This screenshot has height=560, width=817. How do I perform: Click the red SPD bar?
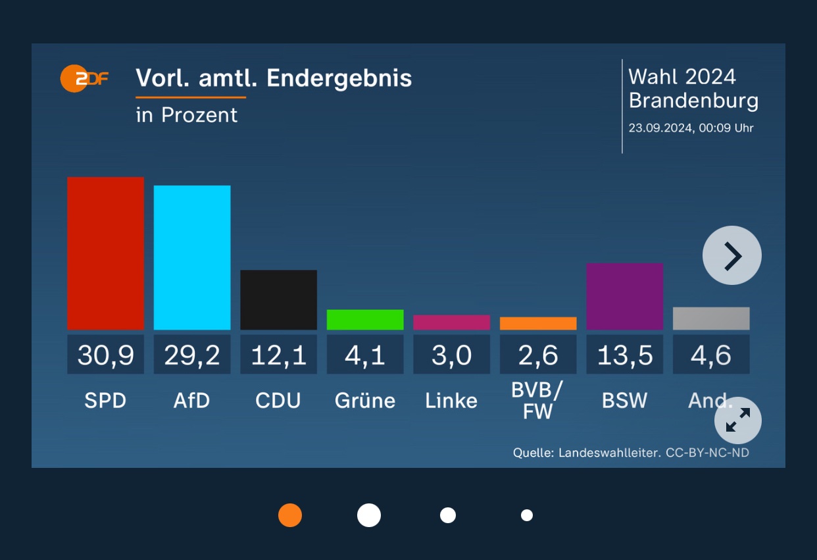pyautogui.click(x=105, y=253)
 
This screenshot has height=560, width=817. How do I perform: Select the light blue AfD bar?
pyautogui.click(x=192, y=257)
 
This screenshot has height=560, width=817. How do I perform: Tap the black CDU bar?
pyautogui.click(x=278, y=299)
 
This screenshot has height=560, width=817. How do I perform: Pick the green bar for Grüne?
pyautogui.click(x=365, y=319)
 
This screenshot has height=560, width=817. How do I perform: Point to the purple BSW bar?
pyautogui.click(x=624, y=296)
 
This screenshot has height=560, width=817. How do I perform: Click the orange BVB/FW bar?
pyautogui.click(x=538, y=323)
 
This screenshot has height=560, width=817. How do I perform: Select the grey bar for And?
pyautogui.click(x=711, y=318)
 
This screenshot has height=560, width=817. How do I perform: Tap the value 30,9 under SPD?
pyautogui.click(x=105, y=355)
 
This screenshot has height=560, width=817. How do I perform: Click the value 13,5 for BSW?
pyautogui.click(x=624, y=355)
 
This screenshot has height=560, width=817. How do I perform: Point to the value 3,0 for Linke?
pyautogui.click(x=451, y=355)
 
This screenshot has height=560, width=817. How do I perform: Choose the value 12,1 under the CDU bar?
pyautogui.click(x=278, y=355)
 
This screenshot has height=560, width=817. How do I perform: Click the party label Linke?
pyautogui.click(x=451, y=401)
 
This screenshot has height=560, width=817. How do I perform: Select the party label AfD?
pyautogui.click(x=192, y=401)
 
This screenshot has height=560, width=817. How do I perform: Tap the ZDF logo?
pyautogui.click(x=84, y=79)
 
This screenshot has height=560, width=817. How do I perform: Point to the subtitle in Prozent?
pyautogui.click(x=186, y=115)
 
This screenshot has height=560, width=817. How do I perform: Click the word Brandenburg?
pyautogui.click(x=693, y=101)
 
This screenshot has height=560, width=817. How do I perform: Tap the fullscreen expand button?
pyautogui.click(x=737, y=420)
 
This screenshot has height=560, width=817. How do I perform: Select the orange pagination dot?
pyautogui.click(x=290, y=515)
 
